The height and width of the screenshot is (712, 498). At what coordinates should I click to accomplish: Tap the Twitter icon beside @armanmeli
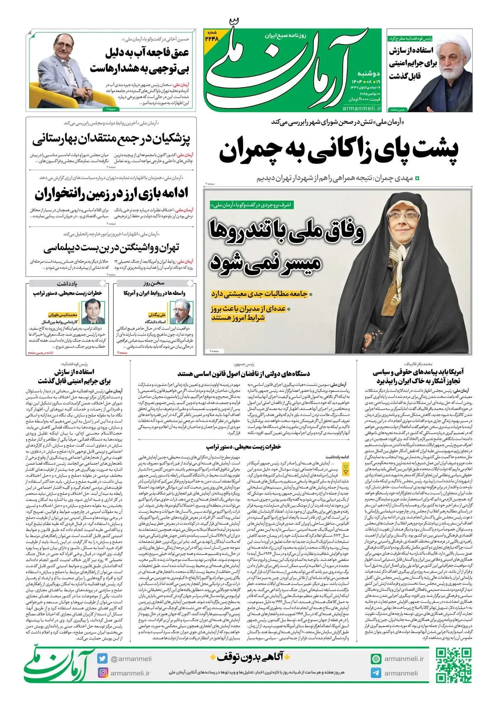click(x=103, y=658)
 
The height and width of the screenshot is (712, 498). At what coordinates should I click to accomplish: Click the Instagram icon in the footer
click(x=103, y=673)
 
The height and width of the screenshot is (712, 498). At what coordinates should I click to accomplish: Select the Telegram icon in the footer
click(x=376, y=673)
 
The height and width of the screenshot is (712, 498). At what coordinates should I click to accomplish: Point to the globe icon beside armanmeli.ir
click(x=376, y=659)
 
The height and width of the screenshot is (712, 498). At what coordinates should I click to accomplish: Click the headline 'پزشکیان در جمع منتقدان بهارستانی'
click(x=111, y=139)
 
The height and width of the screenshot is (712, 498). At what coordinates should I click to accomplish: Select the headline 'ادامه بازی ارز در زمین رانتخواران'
click(x=111, y=193)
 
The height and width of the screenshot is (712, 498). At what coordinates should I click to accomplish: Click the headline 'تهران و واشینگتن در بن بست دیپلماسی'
click(x=111, y=248)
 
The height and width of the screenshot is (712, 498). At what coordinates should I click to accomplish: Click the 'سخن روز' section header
click(x=154, y=283)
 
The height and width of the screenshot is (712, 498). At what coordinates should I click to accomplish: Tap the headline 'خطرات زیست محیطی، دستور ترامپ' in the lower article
click(x=244, y=447)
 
